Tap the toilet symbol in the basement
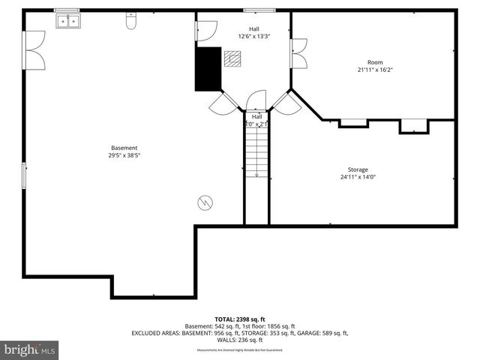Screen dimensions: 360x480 tap(130, 22)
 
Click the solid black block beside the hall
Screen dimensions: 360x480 tap(208, 69)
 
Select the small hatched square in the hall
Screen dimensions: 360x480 tap(232, 58)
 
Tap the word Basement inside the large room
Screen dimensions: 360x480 tap(124, 148)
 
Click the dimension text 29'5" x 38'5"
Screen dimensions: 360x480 tap(124, 156)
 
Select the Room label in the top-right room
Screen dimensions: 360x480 tap(374, 62)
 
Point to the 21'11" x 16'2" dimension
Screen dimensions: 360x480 tap(374, 70)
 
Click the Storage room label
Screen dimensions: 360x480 tap(358, 169)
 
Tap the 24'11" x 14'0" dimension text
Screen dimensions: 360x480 tap(358, 178)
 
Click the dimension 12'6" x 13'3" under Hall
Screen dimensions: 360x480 tap(254, 36)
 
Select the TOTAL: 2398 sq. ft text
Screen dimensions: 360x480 tap(240, 319)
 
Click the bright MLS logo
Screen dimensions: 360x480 tap(30, 349)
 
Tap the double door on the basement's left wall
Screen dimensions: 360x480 tap(34, 50)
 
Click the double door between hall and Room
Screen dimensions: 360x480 tap(299, 54)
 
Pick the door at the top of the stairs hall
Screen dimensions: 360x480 tap(256, 100)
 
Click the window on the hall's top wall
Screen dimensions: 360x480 tap(255, 10)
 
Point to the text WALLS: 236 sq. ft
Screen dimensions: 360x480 tap(240, 339)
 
